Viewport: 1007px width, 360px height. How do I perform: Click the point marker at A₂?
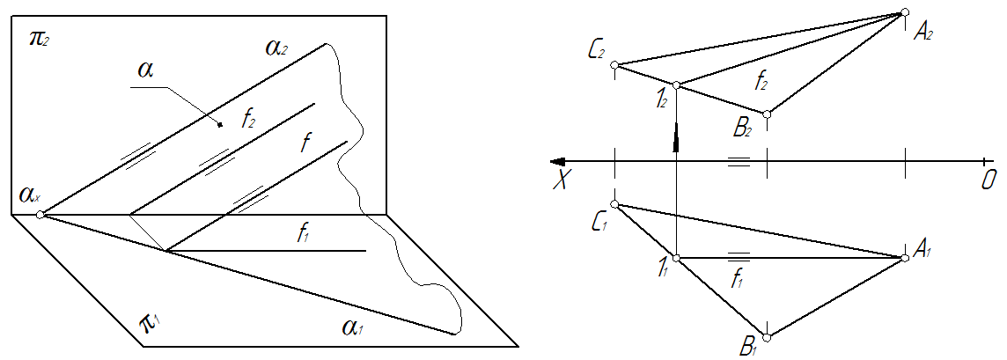coord(904,12)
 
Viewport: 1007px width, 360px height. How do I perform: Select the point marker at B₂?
coord(768,114)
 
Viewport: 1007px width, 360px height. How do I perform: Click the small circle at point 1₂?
coord(676,85)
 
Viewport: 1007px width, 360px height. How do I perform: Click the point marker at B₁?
coord(768,338)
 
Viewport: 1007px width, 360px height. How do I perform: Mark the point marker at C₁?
coord(615,205)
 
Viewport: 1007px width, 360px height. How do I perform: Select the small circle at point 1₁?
coord(676,258)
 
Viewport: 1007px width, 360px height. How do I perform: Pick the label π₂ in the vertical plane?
coord(39,40)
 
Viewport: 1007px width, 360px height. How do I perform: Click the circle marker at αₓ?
coord(39,214)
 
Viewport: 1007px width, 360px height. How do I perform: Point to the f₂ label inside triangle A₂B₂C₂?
coord(761,84)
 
